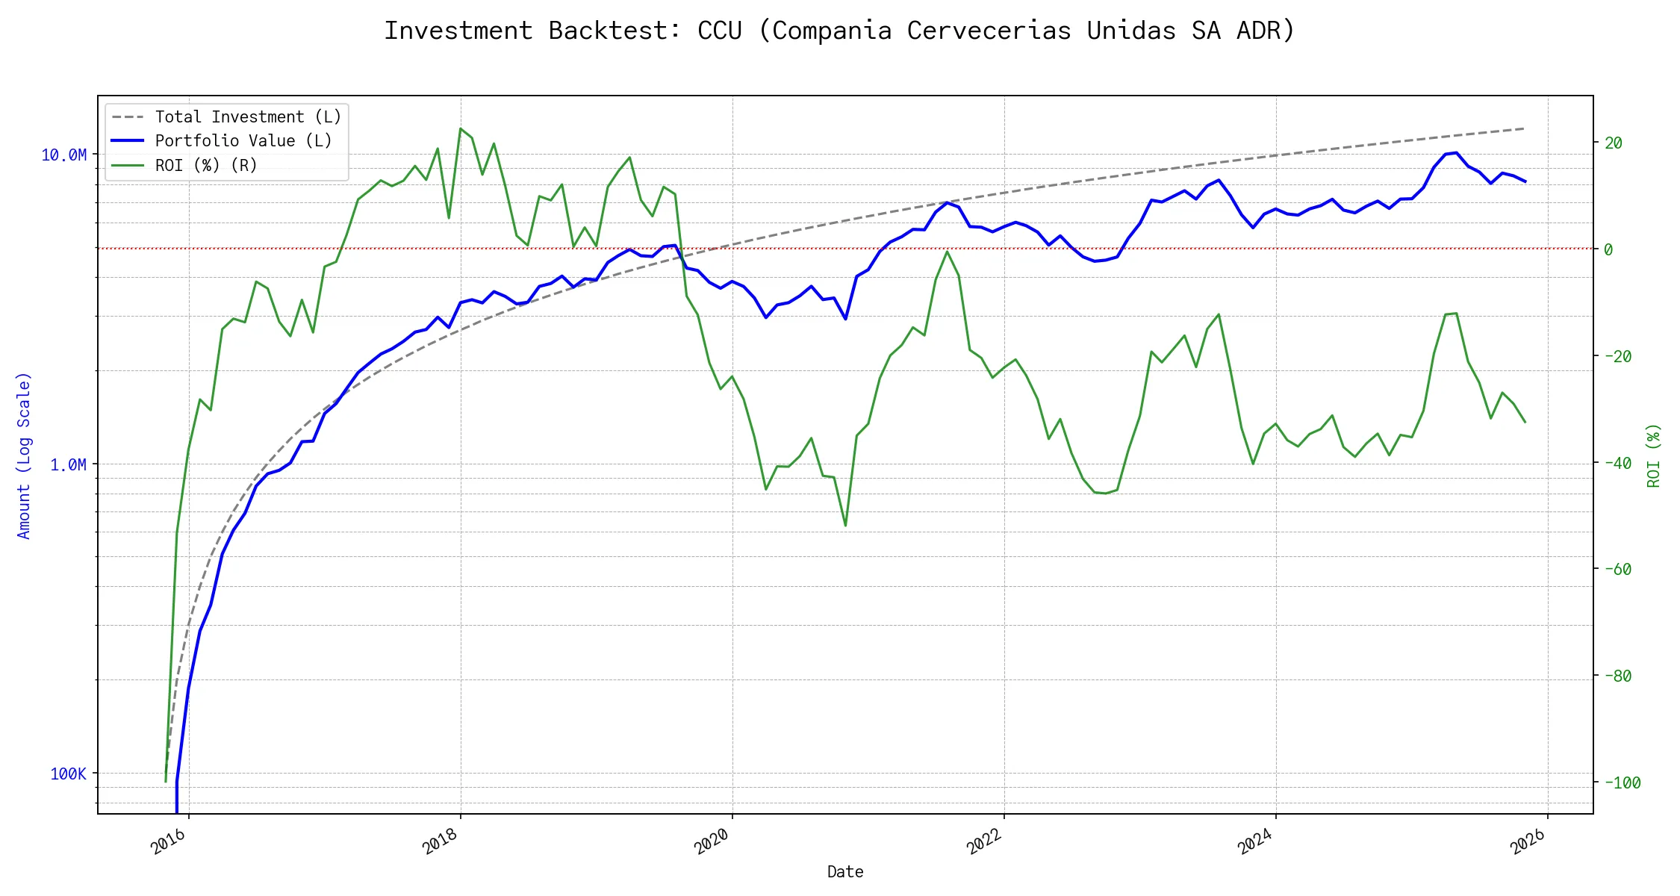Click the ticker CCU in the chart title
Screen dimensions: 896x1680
(719, 31)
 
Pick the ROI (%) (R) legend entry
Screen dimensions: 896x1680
(206, 165)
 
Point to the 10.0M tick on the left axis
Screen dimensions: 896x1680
(63, 155)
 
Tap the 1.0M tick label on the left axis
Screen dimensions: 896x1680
(68, 464)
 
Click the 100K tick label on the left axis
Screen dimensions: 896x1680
(68, 774)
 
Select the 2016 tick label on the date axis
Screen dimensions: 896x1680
(169, 841)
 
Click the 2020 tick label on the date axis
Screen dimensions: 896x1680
(712, 841)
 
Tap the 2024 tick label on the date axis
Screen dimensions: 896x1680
(1255, 841)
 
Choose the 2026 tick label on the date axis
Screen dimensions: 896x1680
(1527, 841)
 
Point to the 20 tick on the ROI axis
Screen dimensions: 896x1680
(1613, 143)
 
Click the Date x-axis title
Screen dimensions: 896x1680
(845, 871)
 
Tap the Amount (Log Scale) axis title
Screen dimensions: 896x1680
(24, 455)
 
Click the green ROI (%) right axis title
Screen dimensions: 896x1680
(1654, 455)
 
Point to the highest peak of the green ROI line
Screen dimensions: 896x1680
(460, 128)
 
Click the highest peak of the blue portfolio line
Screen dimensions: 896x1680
(1457, 152)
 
